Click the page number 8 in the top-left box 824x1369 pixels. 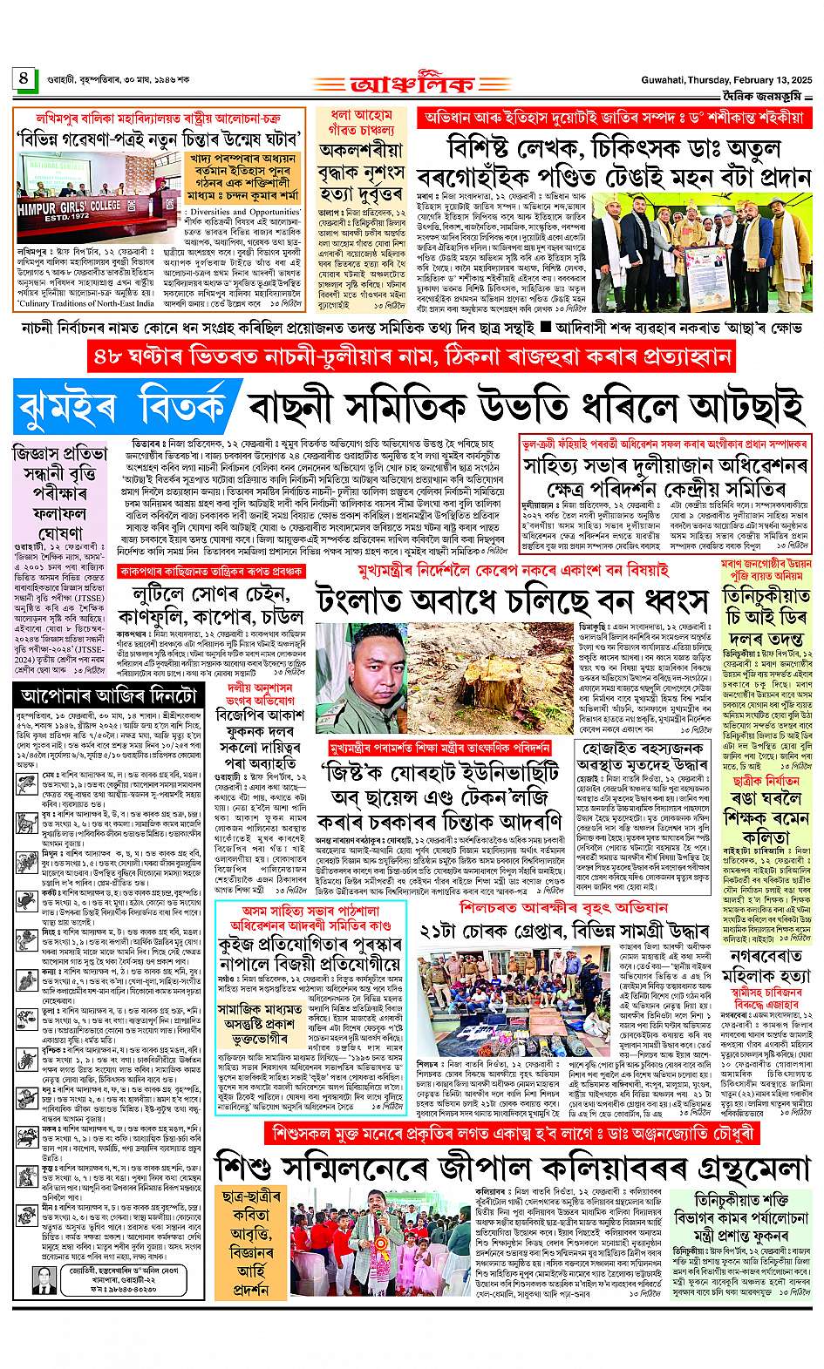23,78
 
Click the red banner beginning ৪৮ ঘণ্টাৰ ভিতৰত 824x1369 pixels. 412,357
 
